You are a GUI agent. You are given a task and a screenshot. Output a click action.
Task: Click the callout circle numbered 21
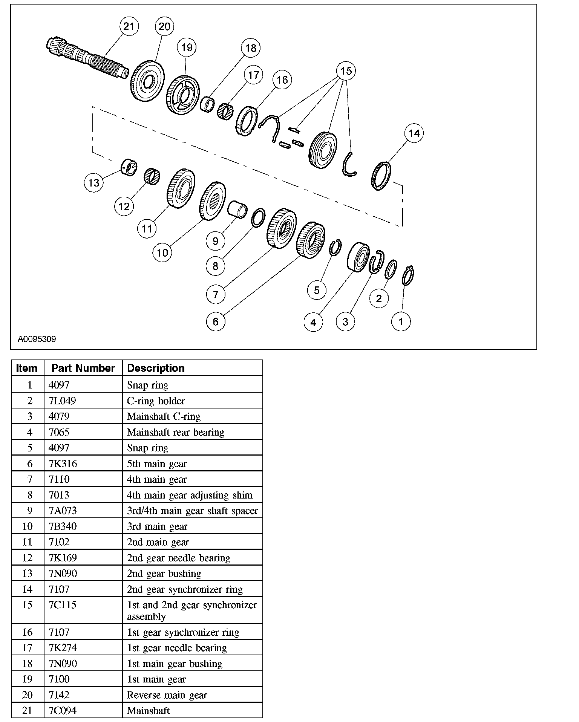tap(129, 26)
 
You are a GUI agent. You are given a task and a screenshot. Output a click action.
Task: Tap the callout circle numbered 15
tap(346, 71)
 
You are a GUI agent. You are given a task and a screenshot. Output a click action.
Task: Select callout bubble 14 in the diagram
tap(414, 133)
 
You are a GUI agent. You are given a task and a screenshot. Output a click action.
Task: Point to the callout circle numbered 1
tap(401, 321)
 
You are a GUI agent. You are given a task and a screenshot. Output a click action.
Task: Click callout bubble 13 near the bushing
tap(93, 183)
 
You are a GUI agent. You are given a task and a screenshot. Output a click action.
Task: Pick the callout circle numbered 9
tap(216, 241)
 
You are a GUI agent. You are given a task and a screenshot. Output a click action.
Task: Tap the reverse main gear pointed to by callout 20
tap(148, 81)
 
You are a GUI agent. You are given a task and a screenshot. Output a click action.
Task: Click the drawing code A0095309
tap(37, 339)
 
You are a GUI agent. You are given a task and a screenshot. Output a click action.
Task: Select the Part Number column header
tap(83, 368)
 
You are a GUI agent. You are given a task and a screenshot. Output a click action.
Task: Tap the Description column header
tap(156, 368)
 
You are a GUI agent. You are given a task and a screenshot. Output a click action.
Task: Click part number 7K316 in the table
tap(63, 463)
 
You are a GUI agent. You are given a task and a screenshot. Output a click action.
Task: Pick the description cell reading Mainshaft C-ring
tap(164, 416)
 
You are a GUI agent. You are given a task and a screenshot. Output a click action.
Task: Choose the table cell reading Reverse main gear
tap(167, 695)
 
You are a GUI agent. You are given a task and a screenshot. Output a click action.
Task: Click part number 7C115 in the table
tap(63, 605)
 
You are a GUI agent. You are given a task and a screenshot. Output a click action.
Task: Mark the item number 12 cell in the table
tap(28, 558)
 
